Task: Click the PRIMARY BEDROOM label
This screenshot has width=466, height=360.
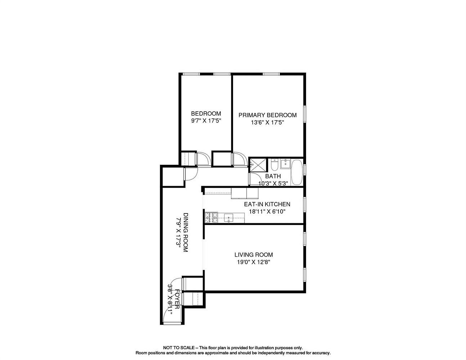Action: [x=268, y=115]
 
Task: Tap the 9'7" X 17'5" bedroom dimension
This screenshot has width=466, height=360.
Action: [x=206, y=121]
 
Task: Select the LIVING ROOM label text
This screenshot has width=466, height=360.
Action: [x=254, y=255]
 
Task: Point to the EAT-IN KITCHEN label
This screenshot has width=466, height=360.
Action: [x=267, y=204]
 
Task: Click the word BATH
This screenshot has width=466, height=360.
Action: [x=273, y=176]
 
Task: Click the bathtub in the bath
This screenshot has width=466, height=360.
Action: [x=297, y=172]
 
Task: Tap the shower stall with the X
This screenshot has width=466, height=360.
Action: [x=258, y=165]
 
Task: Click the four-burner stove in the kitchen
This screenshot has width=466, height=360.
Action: [x=211, y=217]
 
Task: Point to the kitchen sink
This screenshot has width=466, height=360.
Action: [x=229, y=217]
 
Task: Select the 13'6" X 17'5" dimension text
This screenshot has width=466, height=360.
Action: [x=268, y=122]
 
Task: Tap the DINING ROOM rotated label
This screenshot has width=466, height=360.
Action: [x=185, y=232]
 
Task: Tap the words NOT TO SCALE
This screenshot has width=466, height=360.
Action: [x=179, y=348]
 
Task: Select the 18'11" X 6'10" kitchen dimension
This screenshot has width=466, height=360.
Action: [x=267, y=212]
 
